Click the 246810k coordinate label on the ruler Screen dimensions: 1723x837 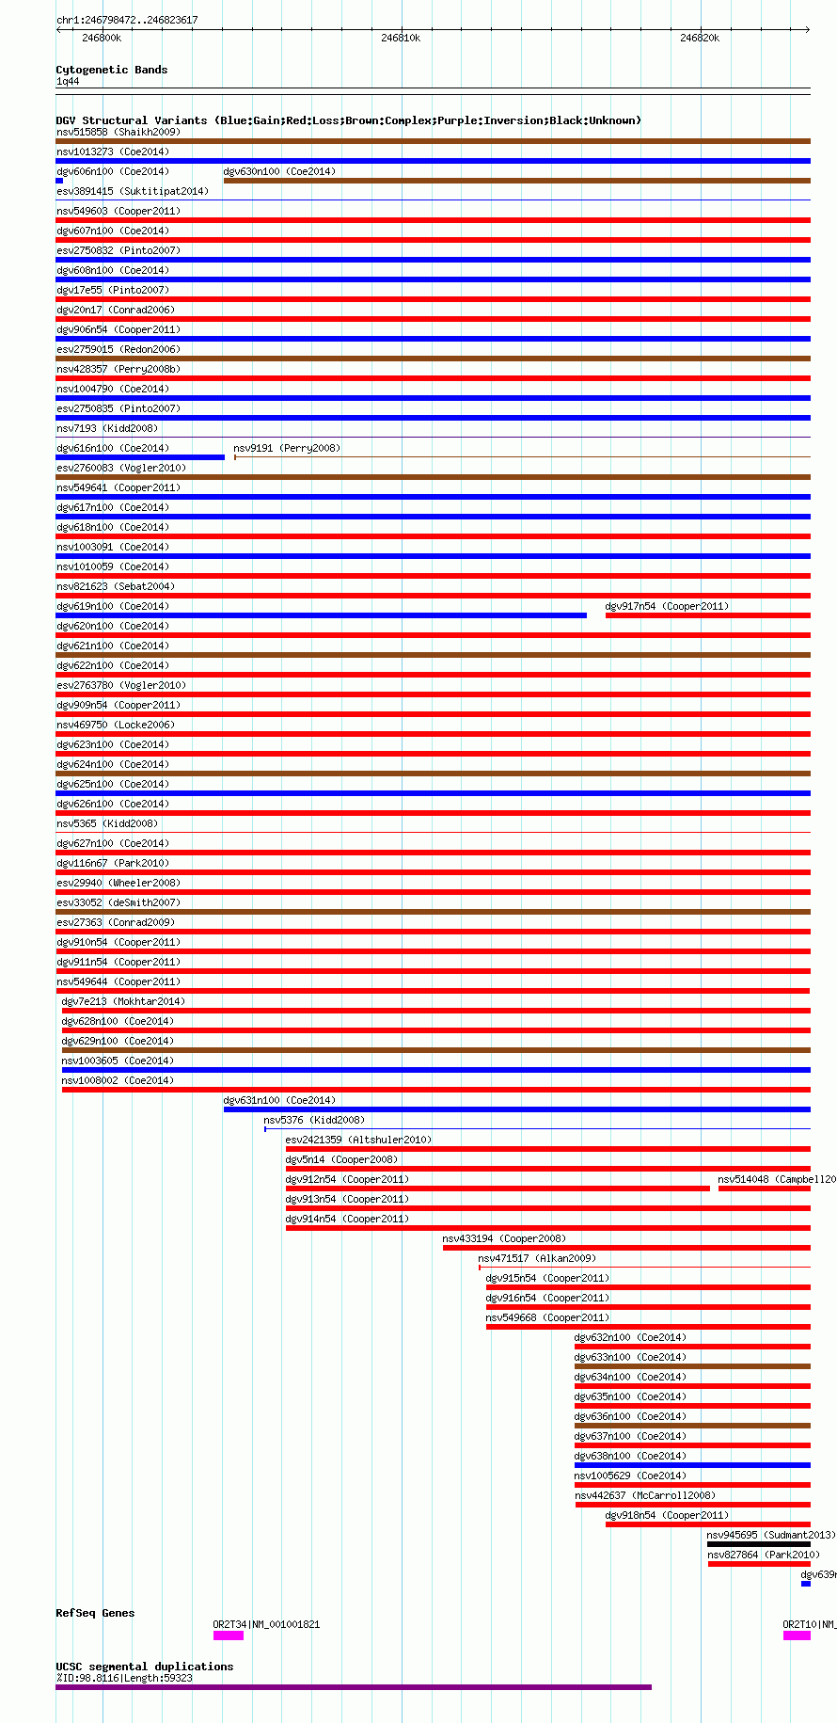point(401,38)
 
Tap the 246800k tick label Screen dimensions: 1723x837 point(102,38)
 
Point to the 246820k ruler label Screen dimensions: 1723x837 point(700,38)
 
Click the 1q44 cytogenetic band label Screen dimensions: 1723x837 point(68,82)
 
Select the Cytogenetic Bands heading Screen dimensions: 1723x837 point(111,70)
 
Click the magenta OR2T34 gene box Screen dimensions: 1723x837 point(229,1635)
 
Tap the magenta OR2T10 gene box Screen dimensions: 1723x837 point(797,1635)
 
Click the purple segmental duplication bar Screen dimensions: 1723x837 point(354,1686)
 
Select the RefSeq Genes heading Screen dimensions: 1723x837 point(95,1613)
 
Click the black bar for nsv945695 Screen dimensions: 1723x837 point(758,1544)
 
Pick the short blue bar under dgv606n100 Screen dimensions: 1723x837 point(59,181)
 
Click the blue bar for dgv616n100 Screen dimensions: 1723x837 point(140,457)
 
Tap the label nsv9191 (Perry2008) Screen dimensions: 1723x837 point(287,448)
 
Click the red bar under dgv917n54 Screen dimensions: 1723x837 point(707,615)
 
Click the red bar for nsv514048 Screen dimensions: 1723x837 point(764,1189)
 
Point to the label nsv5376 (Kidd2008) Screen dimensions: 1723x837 point(314,1120)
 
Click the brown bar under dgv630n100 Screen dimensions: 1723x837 point(516,181)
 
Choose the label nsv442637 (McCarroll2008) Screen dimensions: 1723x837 point(645,1495)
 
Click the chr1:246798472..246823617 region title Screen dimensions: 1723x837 point(127,20)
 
